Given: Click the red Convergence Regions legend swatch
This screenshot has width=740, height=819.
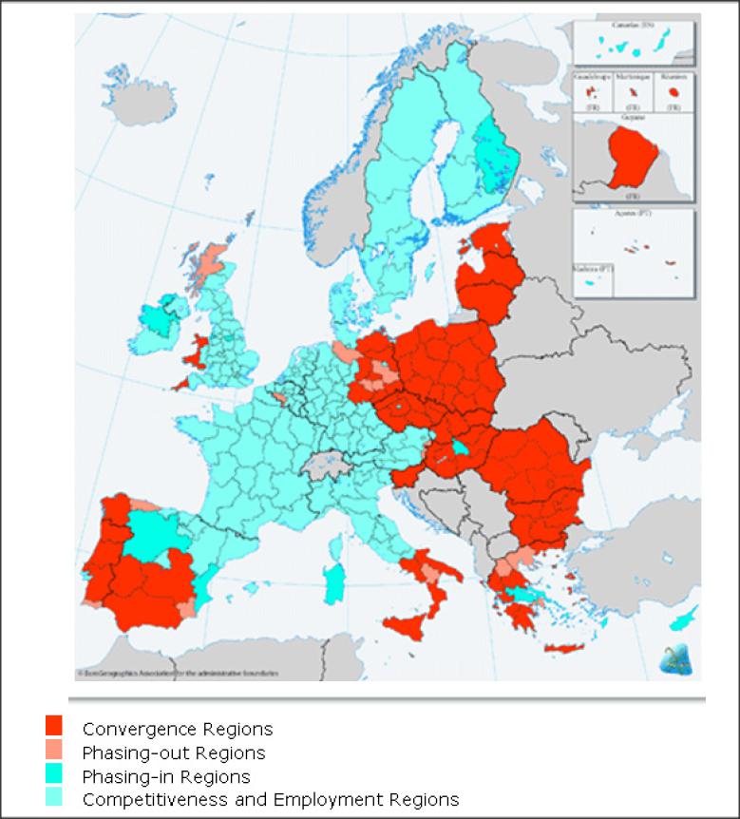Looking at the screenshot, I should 54,728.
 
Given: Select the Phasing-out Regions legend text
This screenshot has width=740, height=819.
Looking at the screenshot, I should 174,753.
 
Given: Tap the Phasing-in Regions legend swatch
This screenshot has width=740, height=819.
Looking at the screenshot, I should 54,776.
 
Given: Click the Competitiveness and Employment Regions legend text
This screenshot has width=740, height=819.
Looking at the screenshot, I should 271,799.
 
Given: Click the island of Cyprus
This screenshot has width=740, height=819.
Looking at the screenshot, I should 683,619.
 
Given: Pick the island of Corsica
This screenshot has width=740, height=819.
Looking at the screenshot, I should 337,545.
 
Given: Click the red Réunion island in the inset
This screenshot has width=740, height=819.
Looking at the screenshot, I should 674,93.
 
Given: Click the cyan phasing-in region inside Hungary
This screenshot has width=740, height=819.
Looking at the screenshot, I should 460,447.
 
